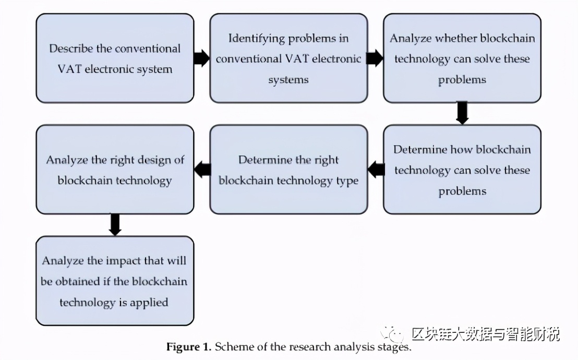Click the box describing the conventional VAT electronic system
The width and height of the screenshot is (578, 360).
(x=115, y=58)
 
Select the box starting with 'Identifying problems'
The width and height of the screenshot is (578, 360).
(x=288, y=58)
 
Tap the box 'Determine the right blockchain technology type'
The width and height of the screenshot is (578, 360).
(x=288, y=170)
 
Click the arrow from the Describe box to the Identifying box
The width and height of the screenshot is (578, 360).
(x=201, y=58)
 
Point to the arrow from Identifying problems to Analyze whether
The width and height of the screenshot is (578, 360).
(x=375, y=58)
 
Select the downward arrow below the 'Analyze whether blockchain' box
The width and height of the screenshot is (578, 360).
(x=462, y=113)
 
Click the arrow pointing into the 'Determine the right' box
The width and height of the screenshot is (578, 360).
(x=376, y=170)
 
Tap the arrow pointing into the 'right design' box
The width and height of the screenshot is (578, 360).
(x=202, y=170)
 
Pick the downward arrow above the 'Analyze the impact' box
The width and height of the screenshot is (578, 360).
(x=115, y=224)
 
